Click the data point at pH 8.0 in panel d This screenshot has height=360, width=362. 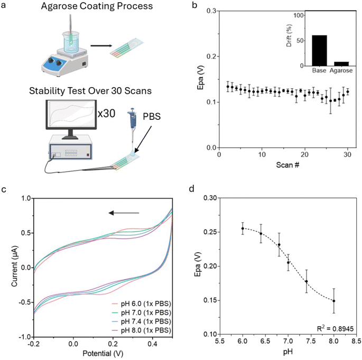(x=334, y=300)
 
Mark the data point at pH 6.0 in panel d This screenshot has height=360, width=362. (x=243, y=229)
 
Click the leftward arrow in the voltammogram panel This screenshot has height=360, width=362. (x=124, y=213)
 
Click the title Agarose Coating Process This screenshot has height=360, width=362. (x=89, y=7)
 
